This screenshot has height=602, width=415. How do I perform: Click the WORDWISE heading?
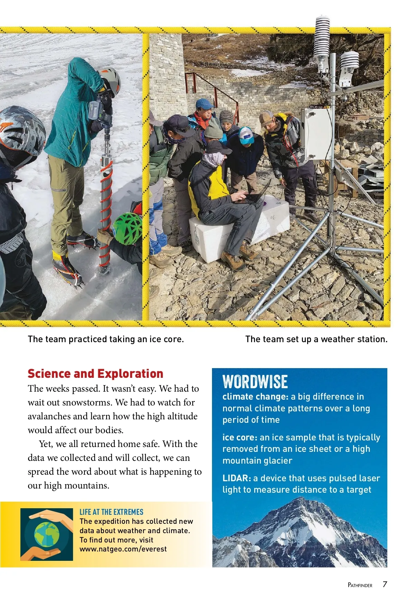pyautogui.click(x=255, y=382)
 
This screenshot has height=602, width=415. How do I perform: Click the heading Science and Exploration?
pyautogui.click(x=95, y=374)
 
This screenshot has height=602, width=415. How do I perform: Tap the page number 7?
pyautogui.click(x=385, y=584)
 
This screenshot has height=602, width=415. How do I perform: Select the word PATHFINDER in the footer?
pyautogui.click(x=360, y=585)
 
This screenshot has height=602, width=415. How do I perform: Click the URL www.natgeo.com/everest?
pyautogui.click(x=123, y=549)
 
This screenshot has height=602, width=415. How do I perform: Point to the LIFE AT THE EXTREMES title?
pyautogui.click(x=111, y=512)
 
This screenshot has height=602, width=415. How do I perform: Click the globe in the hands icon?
pyautogui.click(x=47, y=535)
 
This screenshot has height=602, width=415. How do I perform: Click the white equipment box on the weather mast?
pyautogui.click(x=315, y=135)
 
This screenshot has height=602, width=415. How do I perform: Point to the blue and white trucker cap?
pyautogui.click(x=246, y=136)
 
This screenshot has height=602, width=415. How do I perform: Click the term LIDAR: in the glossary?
pyautogui.click(x=237, y=478)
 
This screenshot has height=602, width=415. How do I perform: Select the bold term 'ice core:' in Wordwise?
pyautogui.click(x=240, y=437)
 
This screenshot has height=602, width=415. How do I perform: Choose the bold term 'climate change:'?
pyautogui.click(x=255, y=396)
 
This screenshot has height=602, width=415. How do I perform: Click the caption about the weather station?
pyautogui.click(x=316, y=339)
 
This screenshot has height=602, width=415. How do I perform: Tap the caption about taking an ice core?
pyautogui.click(x=106, y=339)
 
